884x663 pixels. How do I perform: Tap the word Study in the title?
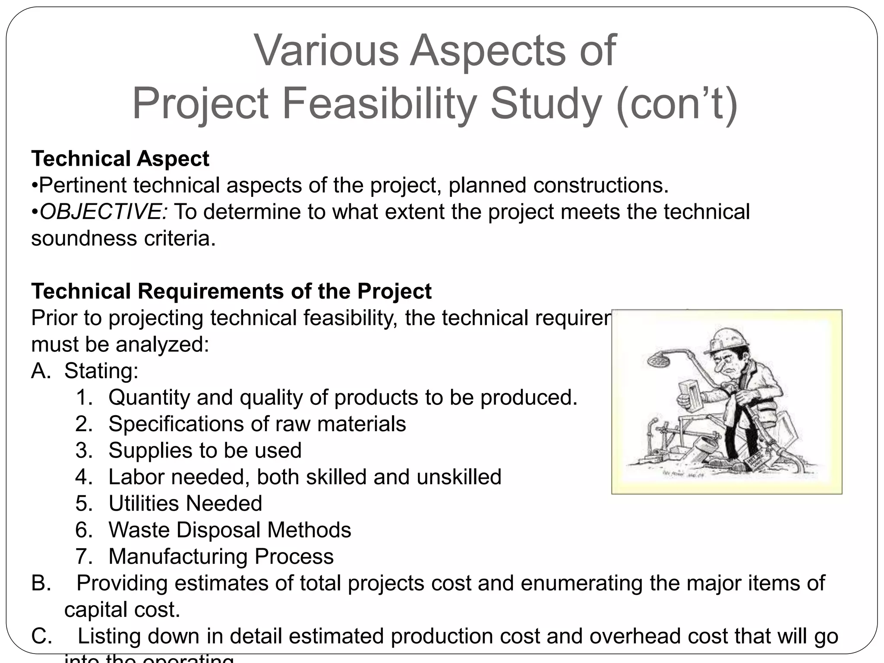click(546, 104)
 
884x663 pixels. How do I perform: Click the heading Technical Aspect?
click(120, 158)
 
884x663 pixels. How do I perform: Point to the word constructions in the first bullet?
click(600, 185)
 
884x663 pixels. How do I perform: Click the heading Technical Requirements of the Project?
click(231, 291)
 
